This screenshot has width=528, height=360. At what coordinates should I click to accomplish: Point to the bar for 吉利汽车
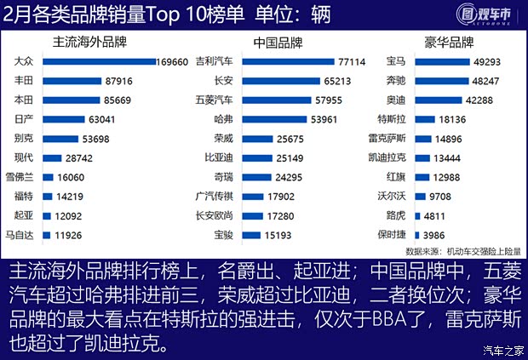coord(289,62)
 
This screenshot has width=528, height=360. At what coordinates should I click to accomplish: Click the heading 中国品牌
coord(278,42)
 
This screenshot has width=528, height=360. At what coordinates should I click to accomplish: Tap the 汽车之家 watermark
coord(502,350)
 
